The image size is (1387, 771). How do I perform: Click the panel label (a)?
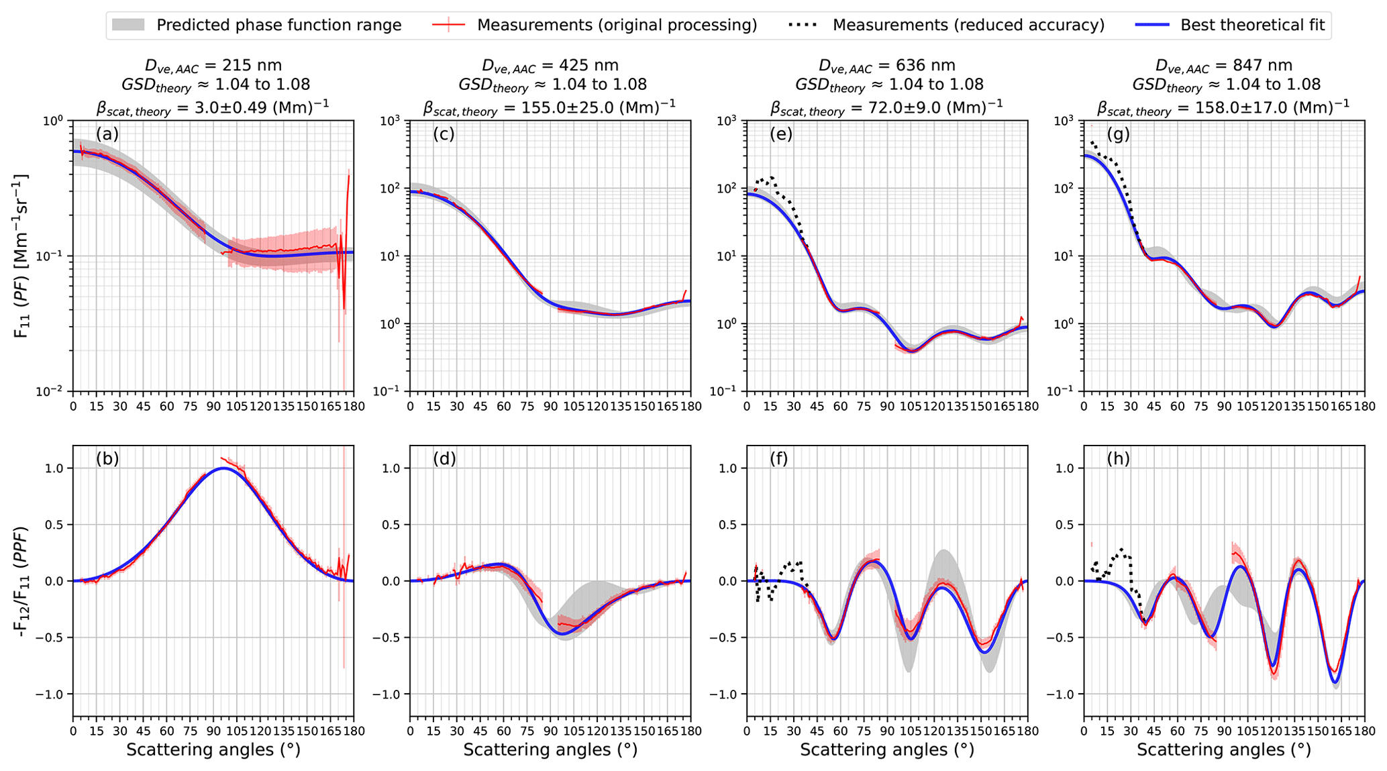point(107,134)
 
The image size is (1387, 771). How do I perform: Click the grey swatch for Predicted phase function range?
point(128,25)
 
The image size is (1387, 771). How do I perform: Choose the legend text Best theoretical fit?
point(1252,25)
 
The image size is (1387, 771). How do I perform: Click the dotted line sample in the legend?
point(803,25)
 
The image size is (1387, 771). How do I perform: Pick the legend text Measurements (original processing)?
point(617,25)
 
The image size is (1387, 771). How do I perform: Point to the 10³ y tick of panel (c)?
point(391,121)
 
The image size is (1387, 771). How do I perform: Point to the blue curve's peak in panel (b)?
point(223,468)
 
